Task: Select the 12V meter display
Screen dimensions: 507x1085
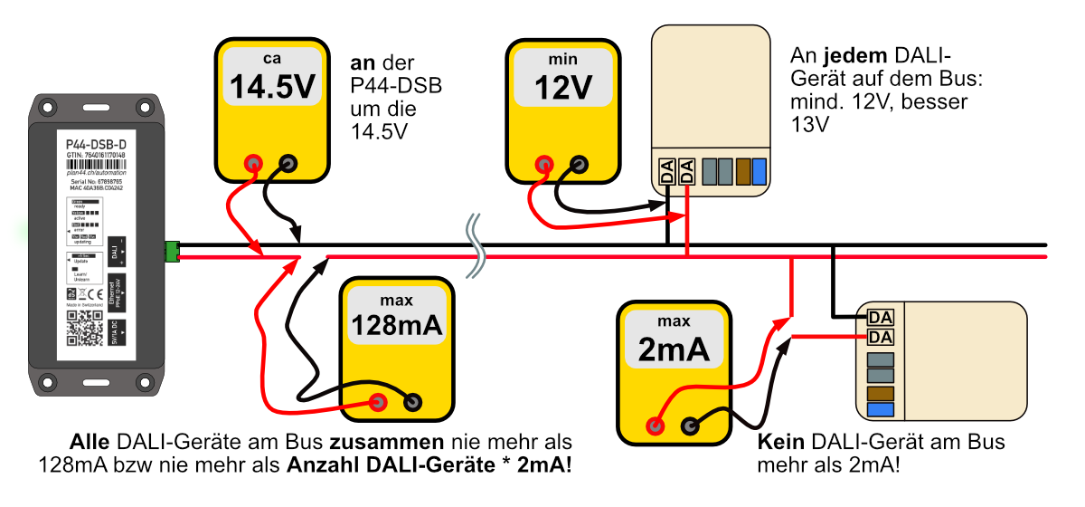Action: [562, 78]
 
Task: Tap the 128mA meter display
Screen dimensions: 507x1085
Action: [396, 317]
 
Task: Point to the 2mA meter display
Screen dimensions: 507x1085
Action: [674, 340]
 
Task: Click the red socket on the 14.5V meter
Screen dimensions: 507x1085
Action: [255, 164]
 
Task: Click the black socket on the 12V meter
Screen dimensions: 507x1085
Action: [579, 164]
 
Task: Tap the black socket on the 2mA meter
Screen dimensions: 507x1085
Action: [691, 424]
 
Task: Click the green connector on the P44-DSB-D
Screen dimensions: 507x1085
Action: [171, 252]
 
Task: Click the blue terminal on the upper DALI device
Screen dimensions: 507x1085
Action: [759, 171]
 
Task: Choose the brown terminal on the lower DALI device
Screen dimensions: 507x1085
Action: [881, 393]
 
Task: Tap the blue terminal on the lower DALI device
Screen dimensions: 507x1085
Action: [881, 410]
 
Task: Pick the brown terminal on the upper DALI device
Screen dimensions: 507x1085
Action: [743, 171]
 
